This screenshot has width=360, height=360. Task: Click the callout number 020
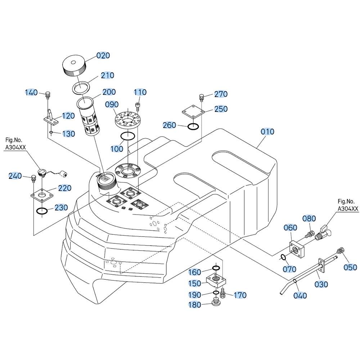click(x=103, y=55)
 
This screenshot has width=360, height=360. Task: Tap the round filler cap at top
click(x=74, y=66)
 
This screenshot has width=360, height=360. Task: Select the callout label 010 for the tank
click(x=267, y=132)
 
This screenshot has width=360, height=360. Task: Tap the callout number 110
click(x=140, y=92)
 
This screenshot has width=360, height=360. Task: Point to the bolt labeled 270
click(x=202, y=98)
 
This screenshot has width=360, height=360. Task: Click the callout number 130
click(x=68, y=134)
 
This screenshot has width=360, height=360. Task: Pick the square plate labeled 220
click(x=42, y=195)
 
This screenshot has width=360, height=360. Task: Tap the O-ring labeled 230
click(x=42, y=211)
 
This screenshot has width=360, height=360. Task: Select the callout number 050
click(x=350, y=267)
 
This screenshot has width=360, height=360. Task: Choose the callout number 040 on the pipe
click(x=300, y=295)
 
